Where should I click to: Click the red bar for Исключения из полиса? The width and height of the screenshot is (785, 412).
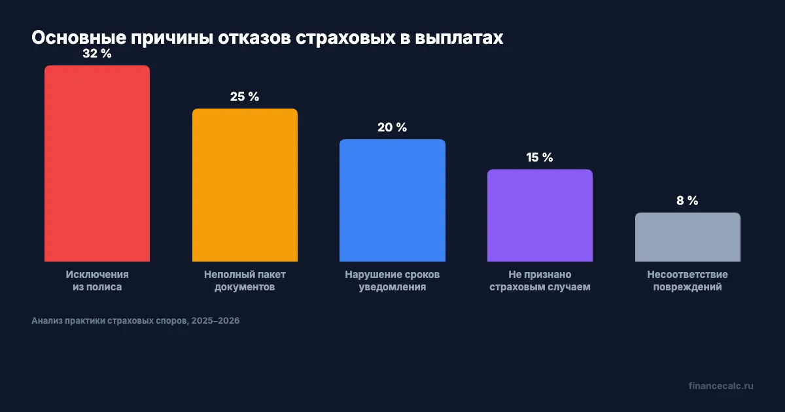tap(97, 163)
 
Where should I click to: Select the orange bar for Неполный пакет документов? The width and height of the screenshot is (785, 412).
tap(245, 185)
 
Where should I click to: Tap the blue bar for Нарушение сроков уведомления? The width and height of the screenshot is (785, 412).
tap(392, 200)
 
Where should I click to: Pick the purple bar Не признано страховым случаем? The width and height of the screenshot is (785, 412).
tap(540, 216)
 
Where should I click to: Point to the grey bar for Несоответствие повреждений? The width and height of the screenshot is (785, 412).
tap(688, 237)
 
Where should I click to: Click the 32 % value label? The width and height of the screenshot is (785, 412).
tap(97, 54)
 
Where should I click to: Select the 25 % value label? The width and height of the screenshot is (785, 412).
tap(245, 97)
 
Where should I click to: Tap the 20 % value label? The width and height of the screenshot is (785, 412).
tap(392, 128)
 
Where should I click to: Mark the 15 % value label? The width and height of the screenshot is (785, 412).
tap(540, 158)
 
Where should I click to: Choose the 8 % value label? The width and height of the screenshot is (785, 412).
tap(688, 201)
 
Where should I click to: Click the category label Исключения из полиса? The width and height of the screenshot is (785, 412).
tap(97, 281)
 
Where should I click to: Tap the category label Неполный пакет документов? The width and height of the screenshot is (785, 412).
tap(245, 281)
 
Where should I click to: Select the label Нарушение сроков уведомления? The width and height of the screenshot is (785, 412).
tap(392, 281)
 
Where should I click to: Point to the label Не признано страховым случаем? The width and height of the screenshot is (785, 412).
tap(540, 281)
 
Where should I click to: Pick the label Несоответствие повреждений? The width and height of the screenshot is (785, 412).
tap(688, 281)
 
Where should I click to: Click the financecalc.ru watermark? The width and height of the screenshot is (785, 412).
tap(721, 386)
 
